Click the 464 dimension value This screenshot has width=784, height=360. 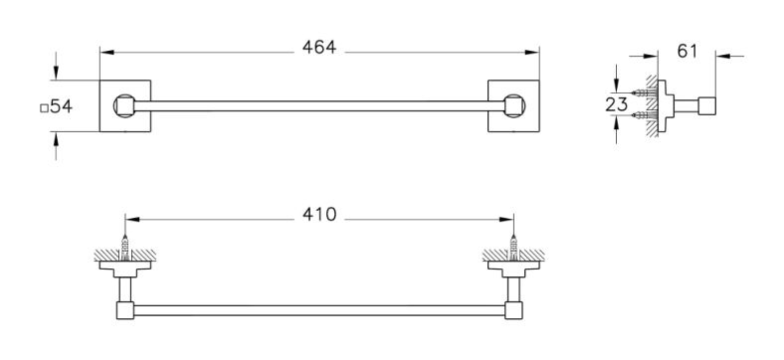(x=319, y=48)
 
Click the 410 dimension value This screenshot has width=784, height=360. (x=319, y=215)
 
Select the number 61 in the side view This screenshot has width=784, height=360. (x=687, y=51)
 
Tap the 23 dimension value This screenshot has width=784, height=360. (x=616, y=105)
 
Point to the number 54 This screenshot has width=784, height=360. (x=62, y=106)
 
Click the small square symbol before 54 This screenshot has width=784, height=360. (x=45, y=108)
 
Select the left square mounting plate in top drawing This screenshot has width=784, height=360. (x=125, y=106)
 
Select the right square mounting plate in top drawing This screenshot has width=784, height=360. (x=513, y=106)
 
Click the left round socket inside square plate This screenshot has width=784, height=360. (x=123, y=106)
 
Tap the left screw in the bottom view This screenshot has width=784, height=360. (x=125, y=248)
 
